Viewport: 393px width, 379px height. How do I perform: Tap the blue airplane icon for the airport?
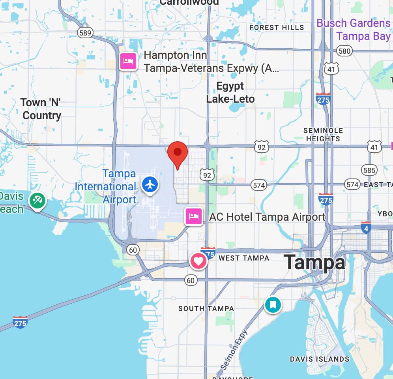coord(150,184)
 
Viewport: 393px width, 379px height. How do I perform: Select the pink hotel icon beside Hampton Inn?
coord(128,61)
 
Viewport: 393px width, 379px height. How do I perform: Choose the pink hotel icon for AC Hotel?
coord(194,216)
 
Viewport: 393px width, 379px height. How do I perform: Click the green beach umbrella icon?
coord(37,201)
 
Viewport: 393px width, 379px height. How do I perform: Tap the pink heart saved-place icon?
coord(198,261)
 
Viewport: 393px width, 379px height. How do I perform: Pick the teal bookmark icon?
coord(273,304)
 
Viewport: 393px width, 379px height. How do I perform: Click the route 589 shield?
coord(85,33)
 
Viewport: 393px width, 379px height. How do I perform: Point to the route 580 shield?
coord(344,51)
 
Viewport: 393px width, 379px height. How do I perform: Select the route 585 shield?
coord(369,170)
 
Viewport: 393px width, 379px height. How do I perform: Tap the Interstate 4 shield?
coord(366,228)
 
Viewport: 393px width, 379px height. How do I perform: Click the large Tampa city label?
coord(314,262)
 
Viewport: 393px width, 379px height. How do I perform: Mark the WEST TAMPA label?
coord(244,258)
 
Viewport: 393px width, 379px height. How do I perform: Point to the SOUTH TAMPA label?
coord(206,308)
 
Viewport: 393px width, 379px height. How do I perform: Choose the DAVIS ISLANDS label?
coord(320,359)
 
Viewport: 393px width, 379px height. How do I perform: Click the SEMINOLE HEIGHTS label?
coord(323,135)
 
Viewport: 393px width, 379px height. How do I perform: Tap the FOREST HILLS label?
coord(277,28)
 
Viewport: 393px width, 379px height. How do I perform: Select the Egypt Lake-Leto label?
coord(230,92)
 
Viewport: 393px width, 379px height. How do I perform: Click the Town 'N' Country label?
coord(41,109)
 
